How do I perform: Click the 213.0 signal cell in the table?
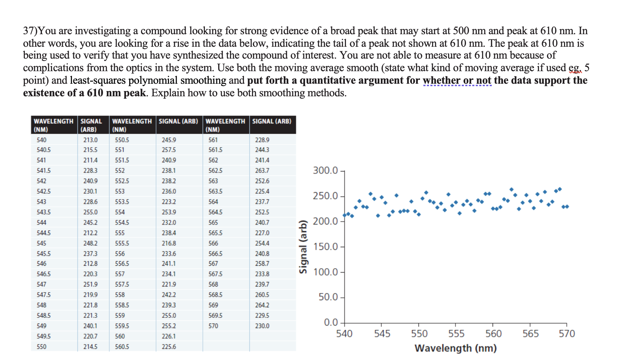coord(90,140)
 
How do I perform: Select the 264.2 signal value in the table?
coord(262,305)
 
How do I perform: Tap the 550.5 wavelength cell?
coord(122,140)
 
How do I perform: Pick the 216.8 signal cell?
coord(169,243)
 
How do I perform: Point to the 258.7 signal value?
coord(262,264)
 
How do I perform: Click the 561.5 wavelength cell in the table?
coord(215,150)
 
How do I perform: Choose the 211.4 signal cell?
coord(90,160)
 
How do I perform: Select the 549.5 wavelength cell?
coord(44,336)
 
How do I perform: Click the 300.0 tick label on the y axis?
coord(325,171)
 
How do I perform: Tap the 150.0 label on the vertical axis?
coord(325,247)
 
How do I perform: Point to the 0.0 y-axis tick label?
coord(331,322)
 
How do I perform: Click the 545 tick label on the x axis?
coord(382,334)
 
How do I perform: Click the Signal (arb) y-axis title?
coord(303,247)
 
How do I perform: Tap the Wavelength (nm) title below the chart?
coord(456,348)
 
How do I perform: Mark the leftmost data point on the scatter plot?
coord(345,215)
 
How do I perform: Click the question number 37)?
coord(30,31)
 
